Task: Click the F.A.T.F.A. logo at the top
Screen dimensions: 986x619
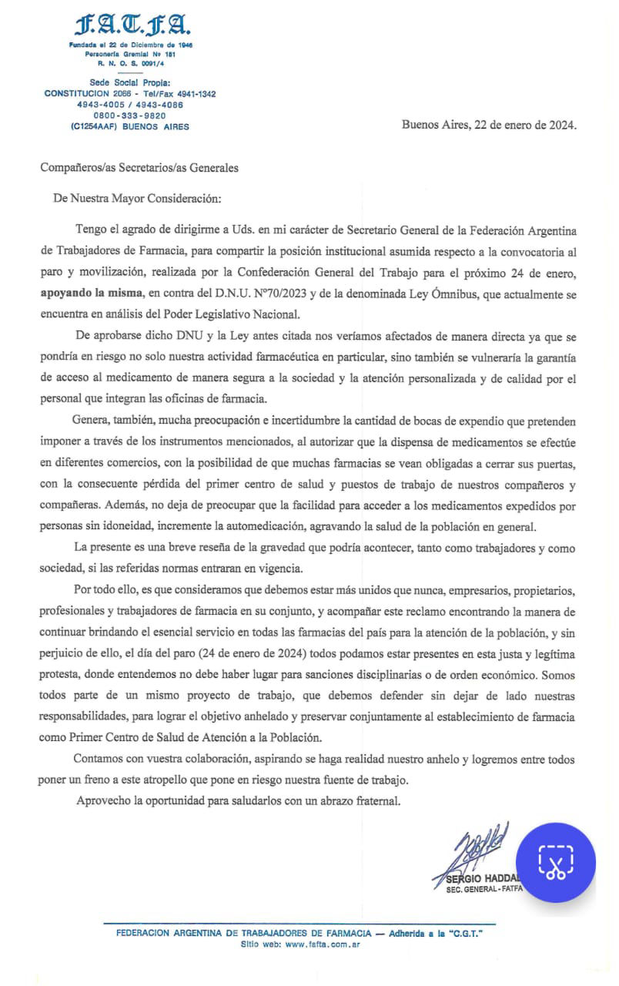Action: (130, 28)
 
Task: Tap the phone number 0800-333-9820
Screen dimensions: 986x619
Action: (129, 115)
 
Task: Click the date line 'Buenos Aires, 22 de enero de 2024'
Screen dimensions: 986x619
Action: (489, 126)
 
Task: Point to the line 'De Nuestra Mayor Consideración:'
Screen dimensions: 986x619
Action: (137, 198)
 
